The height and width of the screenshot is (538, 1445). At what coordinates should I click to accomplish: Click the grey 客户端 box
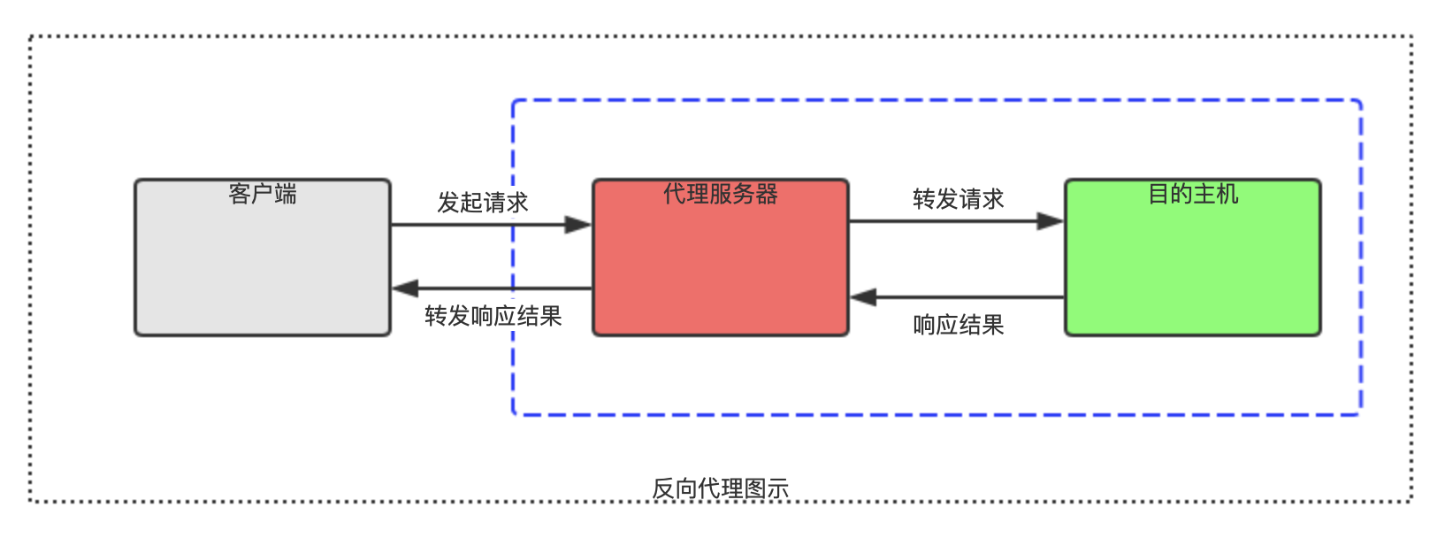(263, 265)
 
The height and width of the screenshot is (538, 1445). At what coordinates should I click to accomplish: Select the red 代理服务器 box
(720, 265)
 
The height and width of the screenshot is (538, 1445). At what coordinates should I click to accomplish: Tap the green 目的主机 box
(1192, 265)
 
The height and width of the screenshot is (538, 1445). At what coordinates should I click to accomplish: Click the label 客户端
(263, 194)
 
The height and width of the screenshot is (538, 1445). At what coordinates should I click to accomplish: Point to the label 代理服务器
(720, 194)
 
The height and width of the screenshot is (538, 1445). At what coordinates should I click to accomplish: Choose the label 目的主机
(1192, 194)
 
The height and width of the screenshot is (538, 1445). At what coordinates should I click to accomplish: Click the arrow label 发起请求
(482, 203)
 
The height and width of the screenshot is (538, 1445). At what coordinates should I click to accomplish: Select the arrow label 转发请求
(958, 199)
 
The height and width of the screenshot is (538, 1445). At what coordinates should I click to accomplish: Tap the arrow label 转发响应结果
(493, 316)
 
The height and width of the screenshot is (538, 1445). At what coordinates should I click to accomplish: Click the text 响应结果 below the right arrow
(958, 325)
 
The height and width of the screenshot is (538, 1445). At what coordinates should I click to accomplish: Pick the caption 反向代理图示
(720, 488)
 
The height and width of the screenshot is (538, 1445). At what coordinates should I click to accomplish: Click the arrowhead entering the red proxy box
(578, 225)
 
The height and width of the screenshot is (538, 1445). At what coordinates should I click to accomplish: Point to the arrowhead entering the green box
(1051, 221)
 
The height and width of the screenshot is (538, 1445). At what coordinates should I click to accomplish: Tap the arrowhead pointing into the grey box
(406, 288)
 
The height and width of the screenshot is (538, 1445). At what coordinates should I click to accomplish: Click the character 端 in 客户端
(286, 194)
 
